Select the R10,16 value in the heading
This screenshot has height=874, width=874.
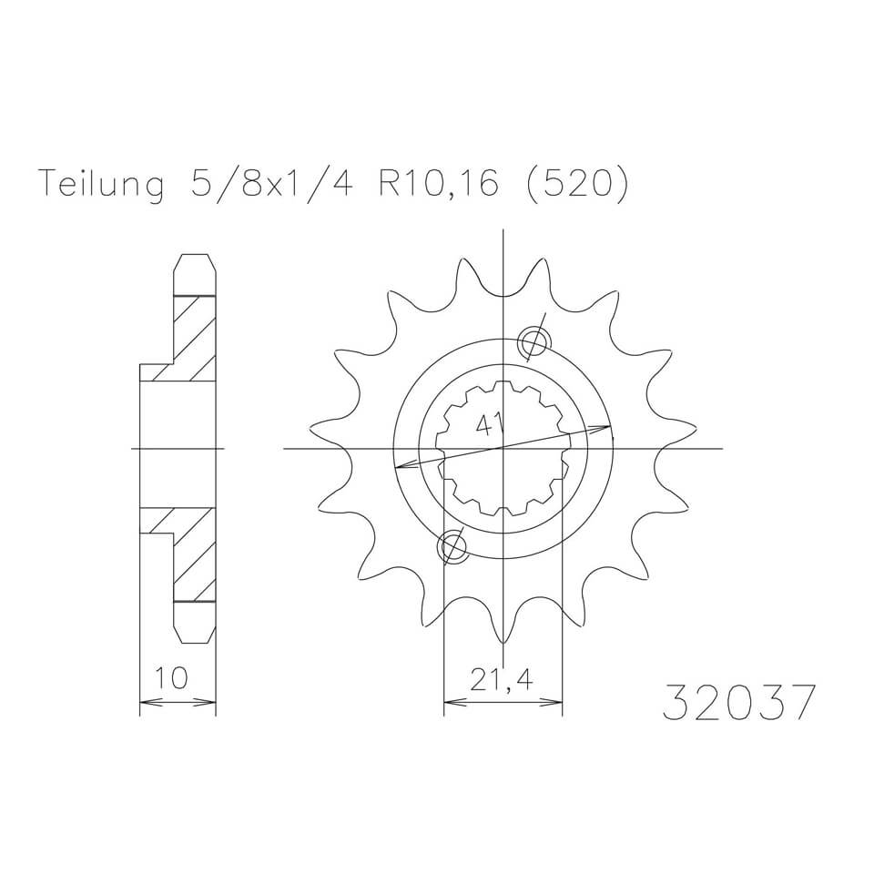[x=438, y=182]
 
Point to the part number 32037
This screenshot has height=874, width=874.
[x=739, y=701]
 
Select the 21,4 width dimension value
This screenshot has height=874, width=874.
[x=501, y=679]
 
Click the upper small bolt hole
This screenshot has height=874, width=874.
[x=534, y=341]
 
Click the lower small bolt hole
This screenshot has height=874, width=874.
[x=452, y=547]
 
